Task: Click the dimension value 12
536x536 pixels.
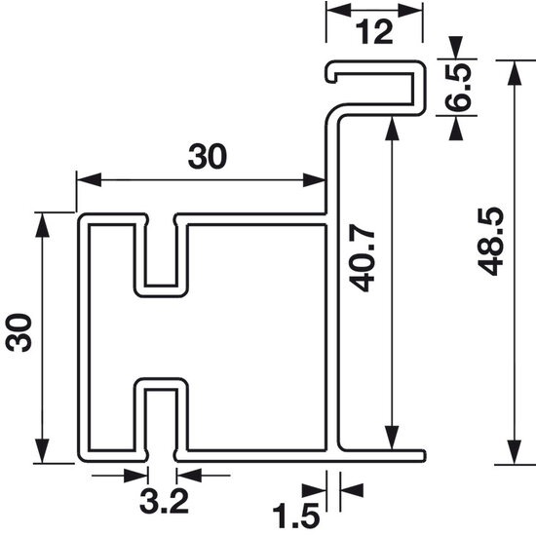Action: (374, 32)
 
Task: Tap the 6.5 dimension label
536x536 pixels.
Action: (458, 88)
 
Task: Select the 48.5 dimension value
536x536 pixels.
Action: (490, 242)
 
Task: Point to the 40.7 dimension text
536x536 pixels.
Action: (363, 261)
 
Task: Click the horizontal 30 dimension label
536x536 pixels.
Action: (208, 156)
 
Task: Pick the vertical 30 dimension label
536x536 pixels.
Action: (19, 332)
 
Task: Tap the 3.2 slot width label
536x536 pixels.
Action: (164, 502)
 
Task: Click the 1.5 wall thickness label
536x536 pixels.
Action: (296, 516)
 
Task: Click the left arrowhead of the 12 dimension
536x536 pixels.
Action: (338, 11)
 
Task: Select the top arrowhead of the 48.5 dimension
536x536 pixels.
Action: (515, 72)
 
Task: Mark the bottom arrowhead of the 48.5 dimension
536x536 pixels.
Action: (515, 452)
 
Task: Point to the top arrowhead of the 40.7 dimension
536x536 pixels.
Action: (392, 129)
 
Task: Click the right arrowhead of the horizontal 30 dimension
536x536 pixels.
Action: (314, 180)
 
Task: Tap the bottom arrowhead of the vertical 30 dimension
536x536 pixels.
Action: (42, 451)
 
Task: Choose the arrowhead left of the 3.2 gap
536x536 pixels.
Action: (136, 476)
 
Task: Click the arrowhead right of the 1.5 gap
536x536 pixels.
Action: (352, 490)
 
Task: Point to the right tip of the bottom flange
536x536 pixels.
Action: (424, 456)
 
